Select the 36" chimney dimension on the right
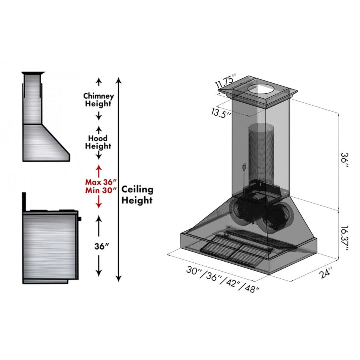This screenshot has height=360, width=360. [343, 161]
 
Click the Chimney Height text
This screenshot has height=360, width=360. [98, 100]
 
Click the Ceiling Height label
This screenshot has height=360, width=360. [137, 195]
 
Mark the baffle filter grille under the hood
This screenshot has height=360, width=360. [232, 250]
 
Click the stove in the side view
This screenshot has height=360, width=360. [50, 246]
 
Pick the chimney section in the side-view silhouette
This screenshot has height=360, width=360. [32, 98]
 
